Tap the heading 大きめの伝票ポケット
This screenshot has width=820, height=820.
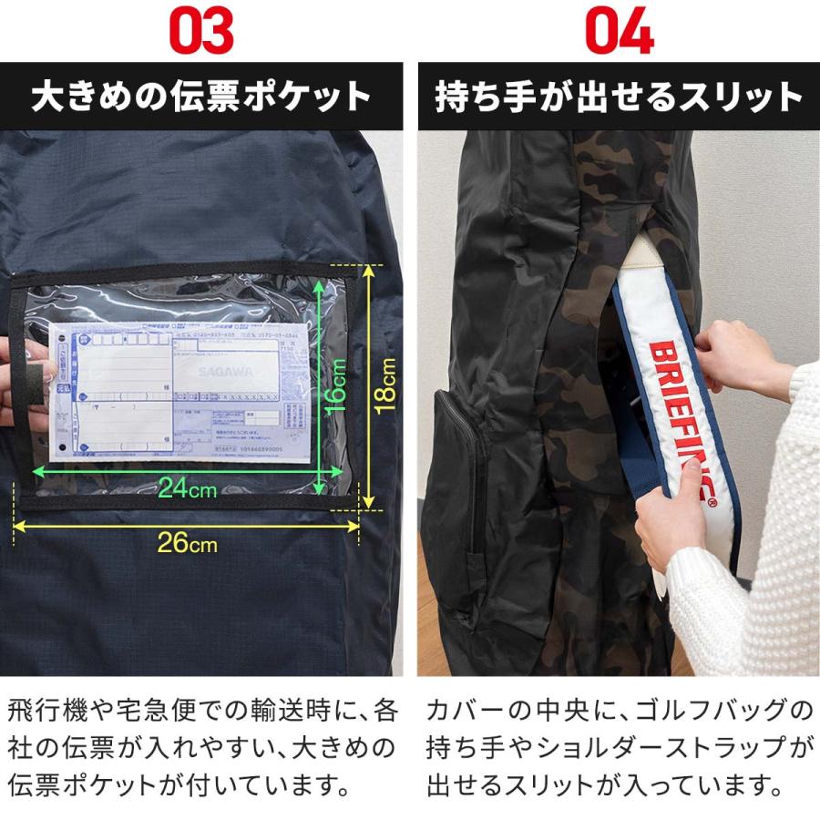pyautogui.click(x=201, y=97)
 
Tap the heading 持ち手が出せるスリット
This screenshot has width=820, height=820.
pyautogui.click(x=620, y=97)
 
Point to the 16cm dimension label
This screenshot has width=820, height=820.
pyautogui.click(x=336, y=384)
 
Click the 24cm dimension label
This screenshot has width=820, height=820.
pyautogui.click(x=187, y=489)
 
